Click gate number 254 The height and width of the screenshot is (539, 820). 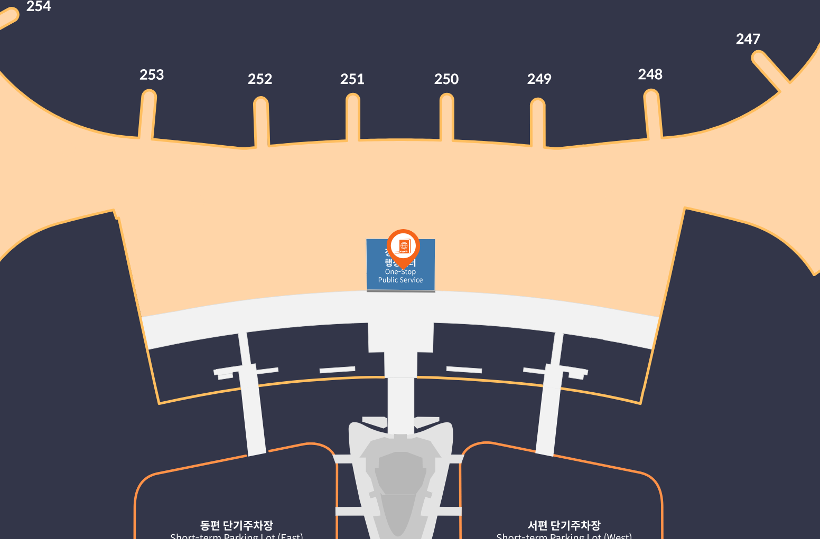pos(39,6)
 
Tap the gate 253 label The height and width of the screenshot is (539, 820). pos(152,75)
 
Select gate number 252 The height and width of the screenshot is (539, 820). pos(260,79)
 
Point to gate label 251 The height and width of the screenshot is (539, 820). pos(352,79)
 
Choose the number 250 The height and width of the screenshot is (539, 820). pos(446,79)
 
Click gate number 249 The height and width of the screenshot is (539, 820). pos(539,79)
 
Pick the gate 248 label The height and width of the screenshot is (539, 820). pos(650,74)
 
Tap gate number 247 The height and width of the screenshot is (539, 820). pos(748,39)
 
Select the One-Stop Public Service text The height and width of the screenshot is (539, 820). pos(400,276)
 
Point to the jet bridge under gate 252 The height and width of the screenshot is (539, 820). pos(262,121)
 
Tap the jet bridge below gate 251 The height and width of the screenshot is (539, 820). pos(353,118)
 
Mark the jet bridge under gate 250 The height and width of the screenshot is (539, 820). pos(447,118)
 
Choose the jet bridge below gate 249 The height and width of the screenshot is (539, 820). pos(538,122)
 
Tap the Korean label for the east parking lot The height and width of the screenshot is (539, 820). pos(237,525)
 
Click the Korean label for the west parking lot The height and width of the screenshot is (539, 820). pos(564,525)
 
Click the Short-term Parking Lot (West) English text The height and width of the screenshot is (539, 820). pos(564,536)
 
